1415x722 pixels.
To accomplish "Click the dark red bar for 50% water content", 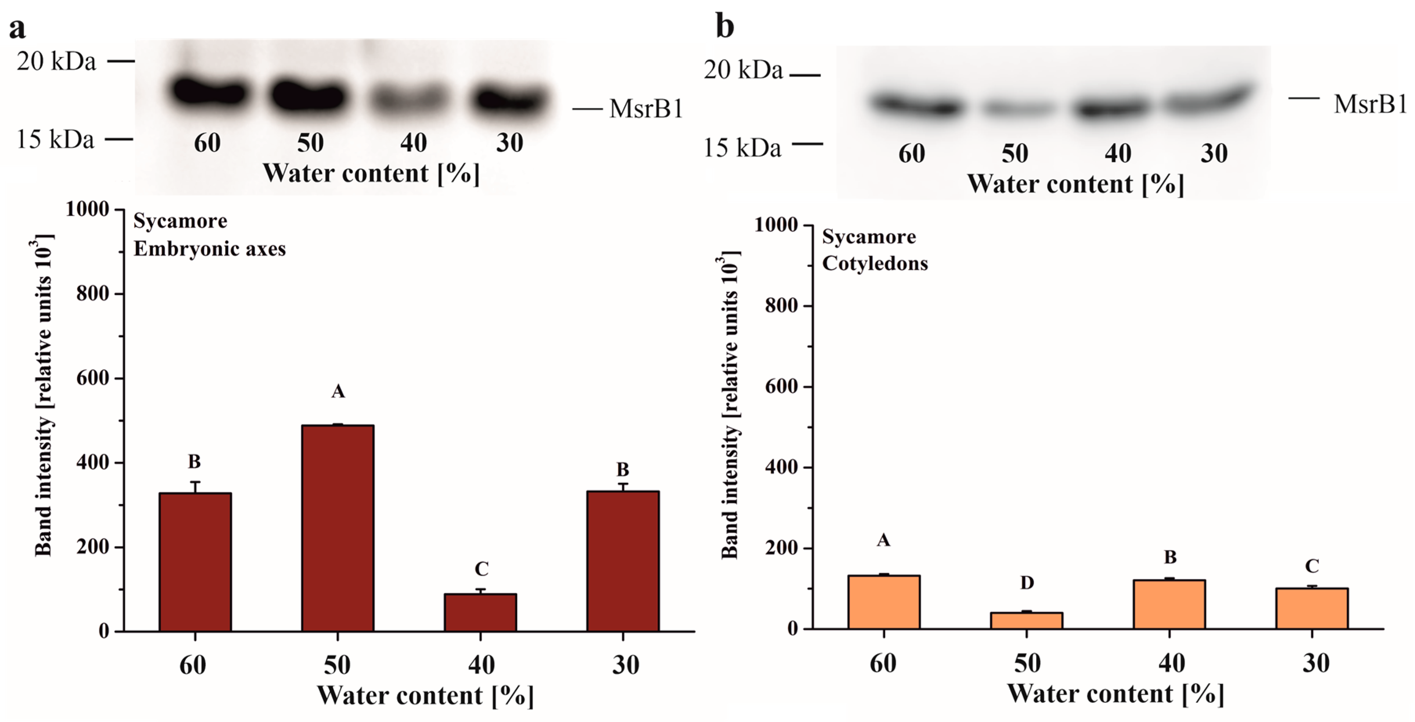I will click(337, 527).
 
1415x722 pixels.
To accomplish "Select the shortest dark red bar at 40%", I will click(480, 612).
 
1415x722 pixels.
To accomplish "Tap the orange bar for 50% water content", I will click(1026, 620).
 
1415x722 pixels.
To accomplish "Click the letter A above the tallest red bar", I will click(338, 392).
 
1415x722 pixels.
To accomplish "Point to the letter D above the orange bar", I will click(1027, 582).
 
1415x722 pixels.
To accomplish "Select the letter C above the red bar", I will click(481, 569).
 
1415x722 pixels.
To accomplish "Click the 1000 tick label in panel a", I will click(87, 209).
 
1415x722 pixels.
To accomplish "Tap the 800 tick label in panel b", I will click(782, 305).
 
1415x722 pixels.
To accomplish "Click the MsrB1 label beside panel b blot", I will click(1370, 104).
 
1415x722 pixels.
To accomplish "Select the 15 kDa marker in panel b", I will click(742, 148).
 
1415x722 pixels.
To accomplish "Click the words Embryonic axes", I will click(209, 249).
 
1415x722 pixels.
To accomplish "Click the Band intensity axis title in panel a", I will click(44, 395).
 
